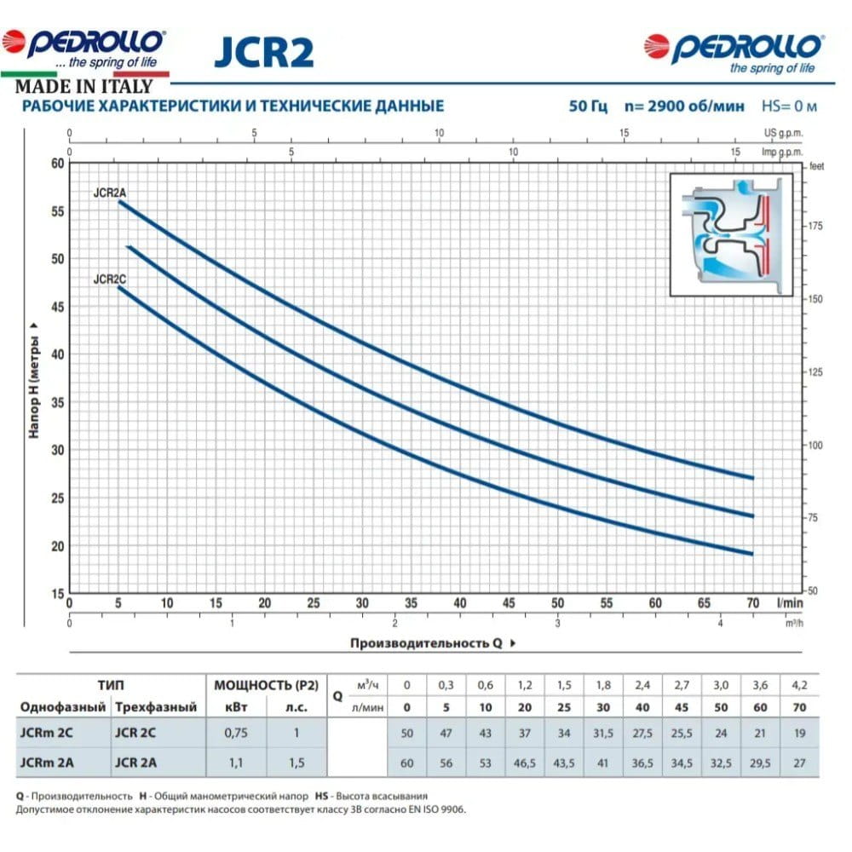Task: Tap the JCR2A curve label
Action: click(109, 193)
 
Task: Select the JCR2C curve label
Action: click(110, 279)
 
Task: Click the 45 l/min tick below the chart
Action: click(509, 603)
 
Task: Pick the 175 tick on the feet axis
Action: click(816, 226)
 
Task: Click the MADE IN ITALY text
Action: click(83, 86)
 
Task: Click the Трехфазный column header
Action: click(156, 707)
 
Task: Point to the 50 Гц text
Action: click(589, 106)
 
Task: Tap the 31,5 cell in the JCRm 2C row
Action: click(602, 731)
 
